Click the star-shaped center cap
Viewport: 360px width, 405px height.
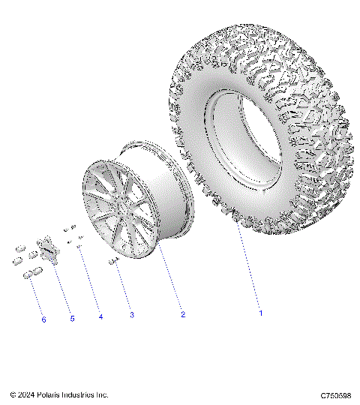pos(49,249)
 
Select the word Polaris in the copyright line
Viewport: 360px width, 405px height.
pos(49,394)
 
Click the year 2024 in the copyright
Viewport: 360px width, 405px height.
pos(26,394)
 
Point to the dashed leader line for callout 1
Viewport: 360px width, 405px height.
pos(250,277)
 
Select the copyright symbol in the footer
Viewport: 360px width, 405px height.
pos(13,394)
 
